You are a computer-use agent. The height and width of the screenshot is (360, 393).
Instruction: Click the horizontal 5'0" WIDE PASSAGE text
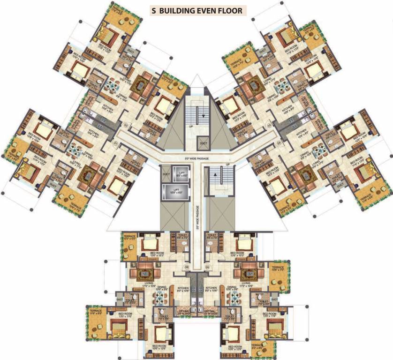(x=197, y=159)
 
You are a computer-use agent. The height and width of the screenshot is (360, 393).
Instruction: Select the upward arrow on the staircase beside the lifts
(x=216, y=174)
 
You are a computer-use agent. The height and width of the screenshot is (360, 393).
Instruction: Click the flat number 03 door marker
(x=269, y=126)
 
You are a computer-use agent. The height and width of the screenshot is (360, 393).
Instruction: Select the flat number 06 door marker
(x=187, y=268)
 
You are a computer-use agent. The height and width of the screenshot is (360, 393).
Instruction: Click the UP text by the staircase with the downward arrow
(x=190, y=127)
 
